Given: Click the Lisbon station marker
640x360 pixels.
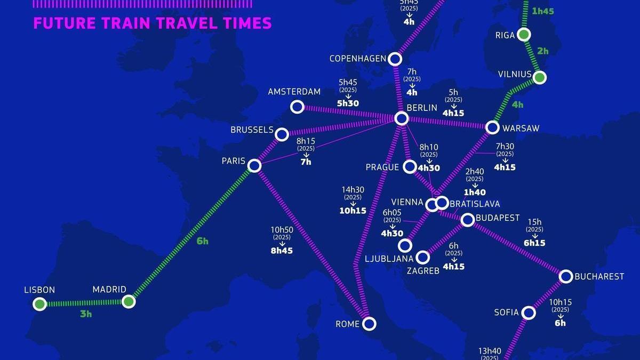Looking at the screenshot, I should tap(39, 304).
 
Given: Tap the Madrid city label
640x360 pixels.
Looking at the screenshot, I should tap(109, 290).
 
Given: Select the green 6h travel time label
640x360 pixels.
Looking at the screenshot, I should tap(202, 241).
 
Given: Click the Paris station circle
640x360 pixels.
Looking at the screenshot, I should tap(254, 166).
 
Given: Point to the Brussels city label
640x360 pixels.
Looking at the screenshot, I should tap(252, 130).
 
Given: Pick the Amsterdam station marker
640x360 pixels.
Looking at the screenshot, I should tap(297, 107).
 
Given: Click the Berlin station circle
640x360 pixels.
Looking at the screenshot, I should tap(402, 118).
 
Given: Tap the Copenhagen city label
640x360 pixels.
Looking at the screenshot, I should tap(357, 58).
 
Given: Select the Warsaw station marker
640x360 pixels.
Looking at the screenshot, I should tap(492, 127).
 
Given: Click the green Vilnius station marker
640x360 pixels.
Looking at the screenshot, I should tap(540, 78).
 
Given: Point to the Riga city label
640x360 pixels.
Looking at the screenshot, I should tap(505, 35).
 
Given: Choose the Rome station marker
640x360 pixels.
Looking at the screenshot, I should tap(369, 323).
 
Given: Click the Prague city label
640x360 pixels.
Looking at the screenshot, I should tap(382, 167).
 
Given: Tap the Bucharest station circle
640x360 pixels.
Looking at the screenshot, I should tap(566, 276).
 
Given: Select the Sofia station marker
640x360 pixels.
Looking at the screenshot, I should tap(528, 313).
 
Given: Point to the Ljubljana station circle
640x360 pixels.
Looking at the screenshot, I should tap(405, 245).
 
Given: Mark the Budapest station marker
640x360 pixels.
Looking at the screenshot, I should tap(467, 219).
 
